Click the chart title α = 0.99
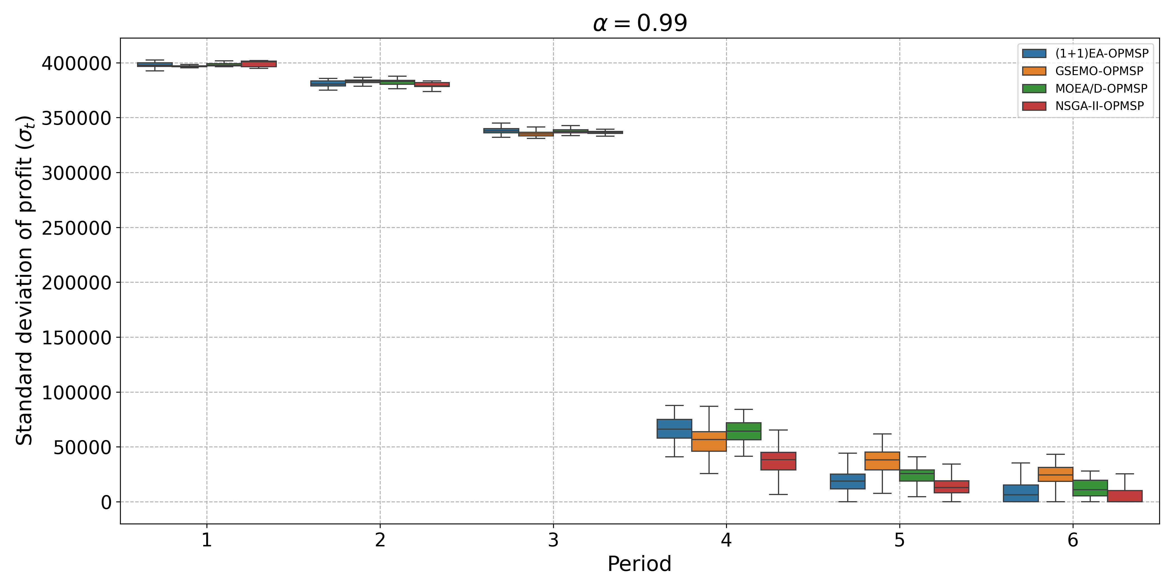point(640,23)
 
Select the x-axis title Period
point(639,564)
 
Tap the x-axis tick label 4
point(726,540)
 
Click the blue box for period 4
point(674,429)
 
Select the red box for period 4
point(779,461)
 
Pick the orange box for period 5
point(882,461)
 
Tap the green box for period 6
point(1090,488)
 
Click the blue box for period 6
point(1021,493)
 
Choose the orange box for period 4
point(709,441)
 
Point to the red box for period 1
point(259,64)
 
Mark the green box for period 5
point(917,475)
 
